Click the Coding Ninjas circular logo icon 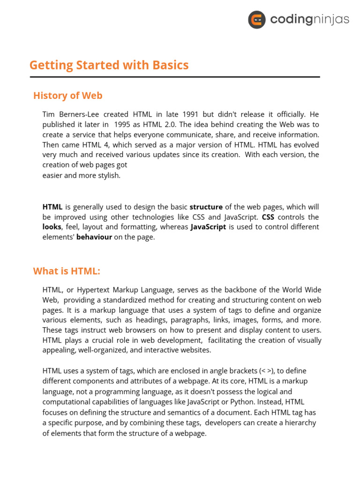[257, 20]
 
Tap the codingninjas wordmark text [309, 20]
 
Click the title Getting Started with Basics [109, 65]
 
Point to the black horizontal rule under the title [174, 76]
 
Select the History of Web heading [67, 96]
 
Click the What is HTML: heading [67, 271]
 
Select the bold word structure [206, 207]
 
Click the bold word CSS [268, 217]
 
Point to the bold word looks [52, 227]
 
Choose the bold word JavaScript [208, 227]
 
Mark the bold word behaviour [94, 237]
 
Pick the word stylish [109, 175]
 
